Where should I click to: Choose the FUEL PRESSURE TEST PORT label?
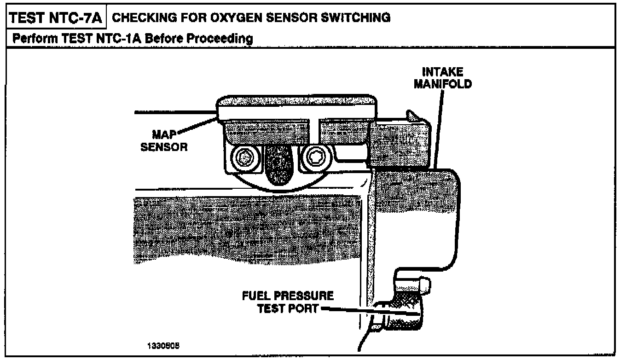tap(288, 302)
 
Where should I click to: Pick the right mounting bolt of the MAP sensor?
tap(315, 158)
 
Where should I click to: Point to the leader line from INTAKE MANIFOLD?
tap(439, 129)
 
